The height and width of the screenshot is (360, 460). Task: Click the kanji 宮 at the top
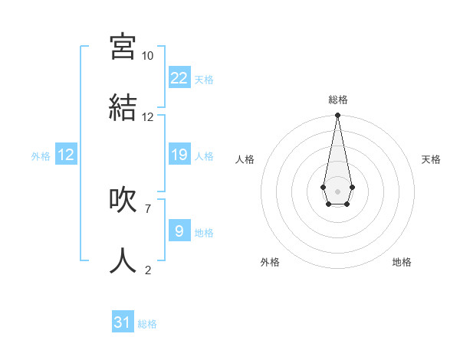[x=123, y=47]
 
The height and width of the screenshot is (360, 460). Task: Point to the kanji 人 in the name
[x=123, y=260]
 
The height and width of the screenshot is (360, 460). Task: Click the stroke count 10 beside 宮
[x=147, y=56]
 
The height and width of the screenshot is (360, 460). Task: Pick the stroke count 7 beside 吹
[x=147, y=208]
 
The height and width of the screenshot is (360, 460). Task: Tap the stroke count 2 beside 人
[x=147, y=270]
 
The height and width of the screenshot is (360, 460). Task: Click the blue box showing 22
[x=179, y=77]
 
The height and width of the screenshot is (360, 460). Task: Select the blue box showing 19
[x=179, y=155]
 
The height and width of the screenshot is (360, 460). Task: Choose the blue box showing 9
[x=179, y=230]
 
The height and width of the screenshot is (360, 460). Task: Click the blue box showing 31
[x=123, y=322]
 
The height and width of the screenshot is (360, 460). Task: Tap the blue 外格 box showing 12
[x=66, y=155]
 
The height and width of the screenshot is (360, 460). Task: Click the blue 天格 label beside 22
[x=204, y=79]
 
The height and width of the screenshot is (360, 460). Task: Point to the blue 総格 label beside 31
[x=147, y=324]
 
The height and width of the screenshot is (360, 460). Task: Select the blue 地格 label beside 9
[x=204, y=232]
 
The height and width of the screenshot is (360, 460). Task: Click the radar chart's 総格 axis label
[x=337, y=100]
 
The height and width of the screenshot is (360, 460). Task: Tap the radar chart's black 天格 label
[x=431, y=159]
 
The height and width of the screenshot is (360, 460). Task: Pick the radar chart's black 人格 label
[x=245, y=159]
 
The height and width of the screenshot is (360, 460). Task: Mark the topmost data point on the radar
[x=337, y=116]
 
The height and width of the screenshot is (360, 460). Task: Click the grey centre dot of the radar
[x=337, y=190]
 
